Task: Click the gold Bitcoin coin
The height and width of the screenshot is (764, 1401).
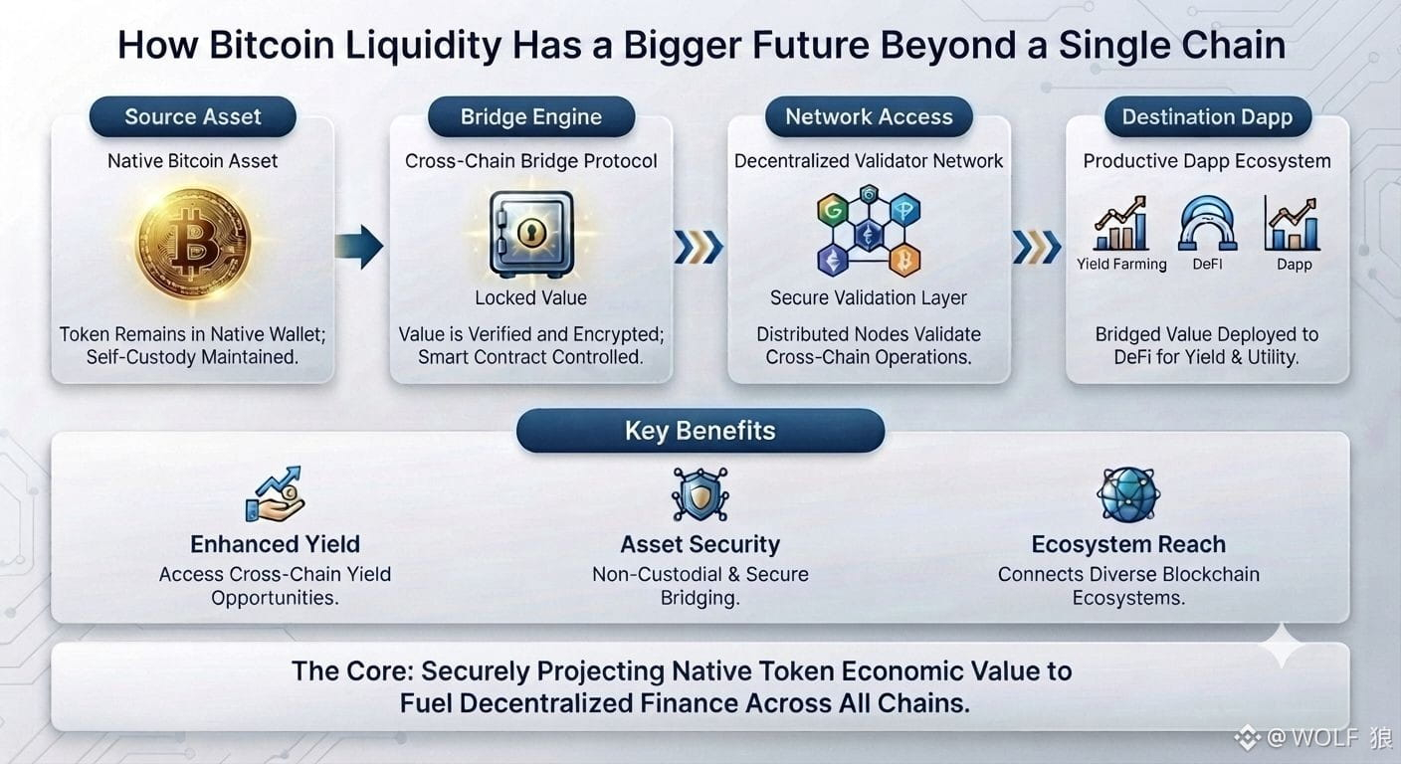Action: [x=193, y=243]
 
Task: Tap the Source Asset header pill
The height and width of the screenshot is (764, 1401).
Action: [x=193, y=117]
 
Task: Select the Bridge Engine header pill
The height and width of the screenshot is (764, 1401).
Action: [x=531, y=117]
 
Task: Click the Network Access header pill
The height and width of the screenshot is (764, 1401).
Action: [x=869, y=117]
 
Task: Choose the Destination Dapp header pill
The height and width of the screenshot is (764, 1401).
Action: [x=1208, y=117]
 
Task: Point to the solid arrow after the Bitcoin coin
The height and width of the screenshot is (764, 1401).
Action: [x=359, y=247]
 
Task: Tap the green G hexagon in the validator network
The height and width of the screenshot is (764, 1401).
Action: [x=833, y=210]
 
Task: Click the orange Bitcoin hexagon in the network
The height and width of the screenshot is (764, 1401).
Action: [x=904, y=260]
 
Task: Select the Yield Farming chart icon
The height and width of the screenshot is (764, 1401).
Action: [x=1121, y=223]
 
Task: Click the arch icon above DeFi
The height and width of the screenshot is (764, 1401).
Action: [x=1207, y=223]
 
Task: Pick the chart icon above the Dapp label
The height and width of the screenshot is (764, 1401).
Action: [x=1293, y=223]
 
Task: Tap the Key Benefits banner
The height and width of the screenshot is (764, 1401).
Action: [x=700, y=431]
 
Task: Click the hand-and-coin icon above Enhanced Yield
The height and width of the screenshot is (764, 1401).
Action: [x=275, y=494]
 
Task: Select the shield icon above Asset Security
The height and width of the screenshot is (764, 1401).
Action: [x=700, y=494]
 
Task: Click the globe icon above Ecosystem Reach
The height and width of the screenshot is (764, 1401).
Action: [x=1128, y=494]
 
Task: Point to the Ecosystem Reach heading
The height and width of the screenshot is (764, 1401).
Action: [x=1128, y=544]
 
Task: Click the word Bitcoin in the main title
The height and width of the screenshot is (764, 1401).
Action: [x=272, y=45]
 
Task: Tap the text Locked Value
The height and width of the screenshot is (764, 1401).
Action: [x=531, y=297]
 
